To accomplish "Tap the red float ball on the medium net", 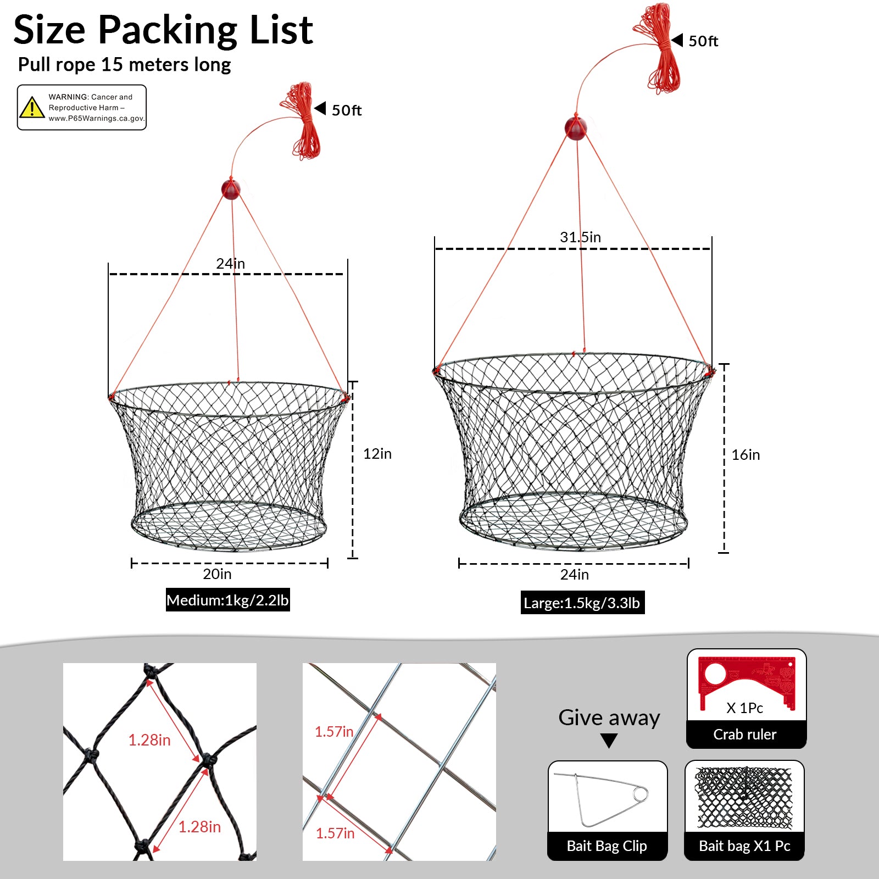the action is point(231,189).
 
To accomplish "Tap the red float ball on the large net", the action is point(576,128).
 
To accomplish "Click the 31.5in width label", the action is point(580,237).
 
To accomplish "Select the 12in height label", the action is point(377,454).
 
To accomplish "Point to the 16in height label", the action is point(746,455).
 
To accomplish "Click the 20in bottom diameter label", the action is point(217,574).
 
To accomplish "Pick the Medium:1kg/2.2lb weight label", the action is point(227,600).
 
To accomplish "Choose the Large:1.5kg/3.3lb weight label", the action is point(582,603).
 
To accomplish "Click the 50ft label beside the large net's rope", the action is point(703,41).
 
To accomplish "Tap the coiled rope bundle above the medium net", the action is point(302,121).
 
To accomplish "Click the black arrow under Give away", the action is point(609,741).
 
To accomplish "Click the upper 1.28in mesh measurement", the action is point(149,740).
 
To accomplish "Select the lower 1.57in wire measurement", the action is point(335,833).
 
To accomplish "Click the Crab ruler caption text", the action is point(745,735).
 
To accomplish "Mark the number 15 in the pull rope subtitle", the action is point(112,64).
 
